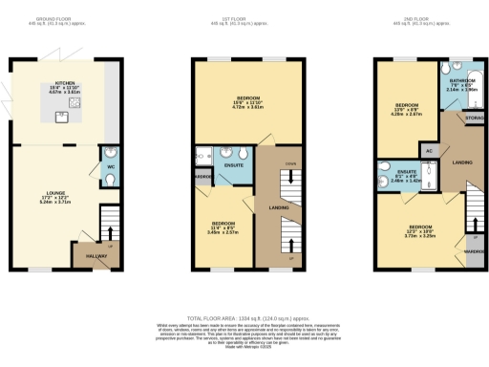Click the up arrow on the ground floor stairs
click(x=112, y=232)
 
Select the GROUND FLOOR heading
click(x=63, y=18)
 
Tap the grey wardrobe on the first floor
click(x=202, y=178)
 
